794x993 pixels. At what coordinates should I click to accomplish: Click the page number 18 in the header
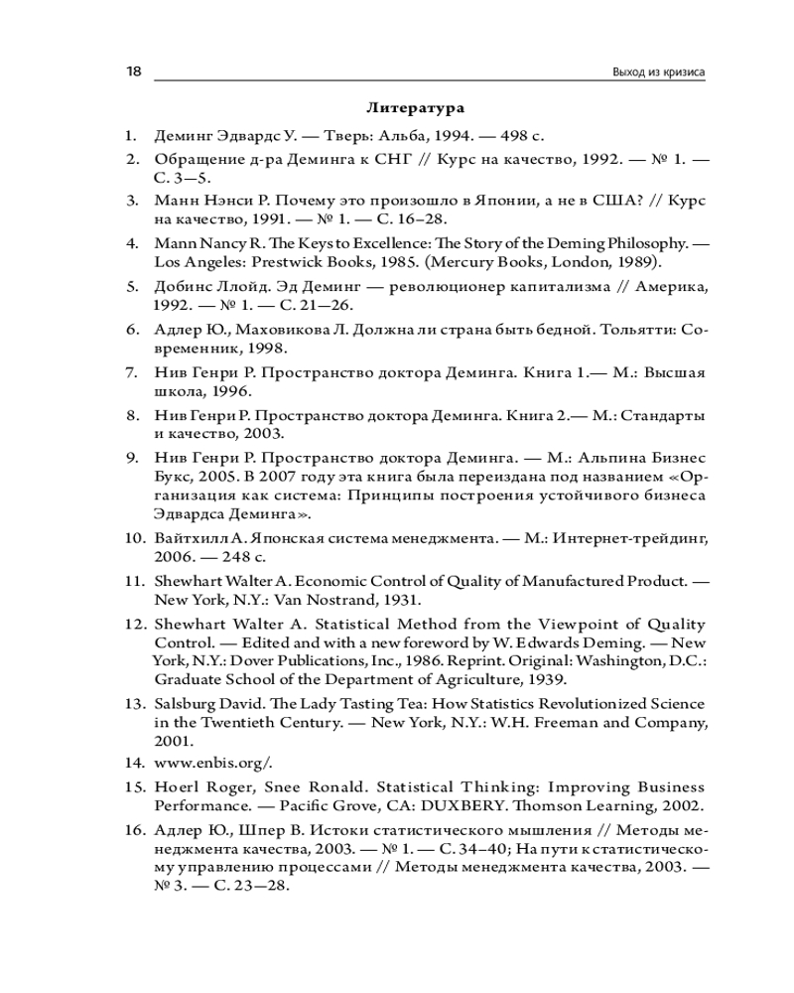coord(133,72)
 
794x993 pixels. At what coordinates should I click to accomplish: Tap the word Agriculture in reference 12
coord(485,679)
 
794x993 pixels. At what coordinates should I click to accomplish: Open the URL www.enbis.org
coord(210,764)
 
